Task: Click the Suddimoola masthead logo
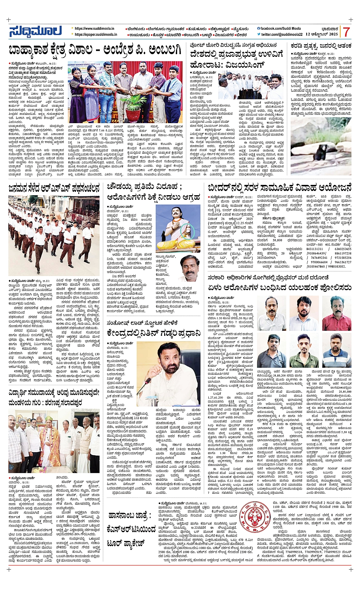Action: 35,32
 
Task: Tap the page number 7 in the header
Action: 346,32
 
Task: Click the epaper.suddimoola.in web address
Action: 96,34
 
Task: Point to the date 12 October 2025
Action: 322,34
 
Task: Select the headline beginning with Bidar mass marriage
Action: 280,188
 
